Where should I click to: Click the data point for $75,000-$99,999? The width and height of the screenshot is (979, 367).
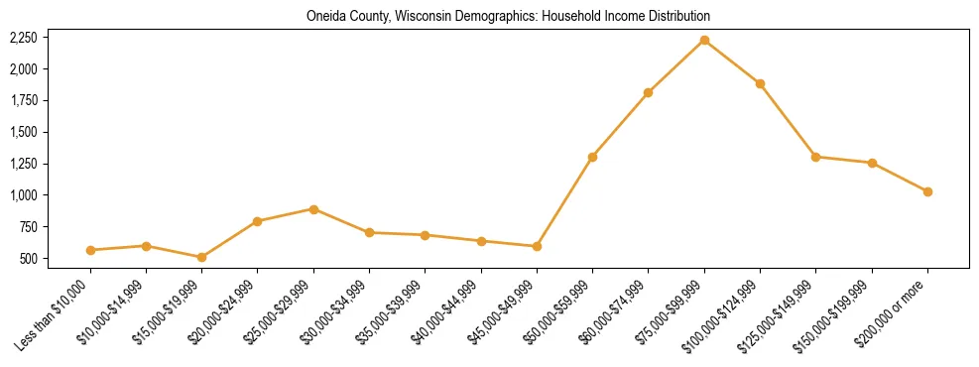(704, 40)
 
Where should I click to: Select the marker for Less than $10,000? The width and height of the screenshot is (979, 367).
(90, 250)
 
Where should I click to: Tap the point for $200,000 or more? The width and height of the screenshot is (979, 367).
(927, 191)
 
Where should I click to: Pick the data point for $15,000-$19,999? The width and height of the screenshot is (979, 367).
(201, 257)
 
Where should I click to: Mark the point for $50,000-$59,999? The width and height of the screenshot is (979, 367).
(592, 157)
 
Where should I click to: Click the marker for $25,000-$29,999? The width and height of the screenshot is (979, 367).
(313, 209)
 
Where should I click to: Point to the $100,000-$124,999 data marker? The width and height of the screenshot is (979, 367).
(760, 83)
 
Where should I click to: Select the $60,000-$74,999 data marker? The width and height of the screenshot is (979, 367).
(648, 92)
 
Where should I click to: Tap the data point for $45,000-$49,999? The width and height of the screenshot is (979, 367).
(537, 246)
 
